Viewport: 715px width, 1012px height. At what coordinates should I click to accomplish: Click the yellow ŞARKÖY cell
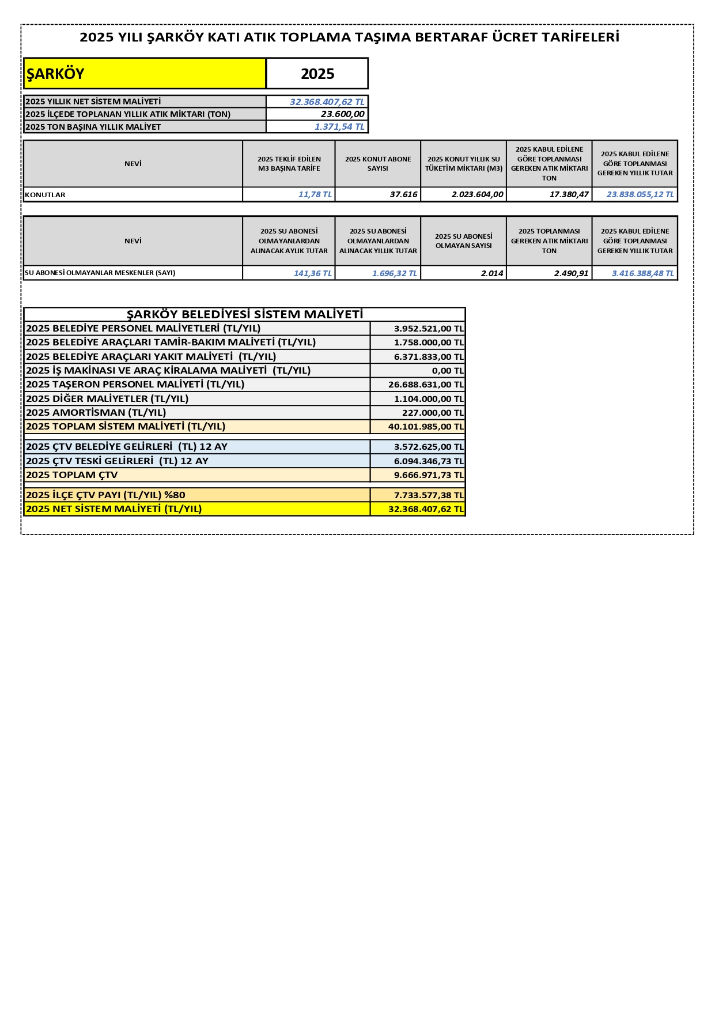pos(144,74)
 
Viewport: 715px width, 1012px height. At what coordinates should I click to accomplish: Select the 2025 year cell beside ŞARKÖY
pos(317,74)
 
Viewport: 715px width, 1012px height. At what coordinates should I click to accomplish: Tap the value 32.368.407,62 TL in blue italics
pos(327,102)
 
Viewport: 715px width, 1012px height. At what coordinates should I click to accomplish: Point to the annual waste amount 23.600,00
pos(342,114)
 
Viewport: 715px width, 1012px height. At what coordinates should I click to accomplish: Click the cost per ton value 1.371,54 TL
pos(339,127)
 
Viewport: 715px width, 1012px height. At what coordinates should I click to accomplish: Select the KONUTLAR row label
pos(46,195)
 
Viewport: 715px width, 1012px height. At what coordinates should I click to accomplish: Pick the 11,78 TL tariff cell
pos(315,195)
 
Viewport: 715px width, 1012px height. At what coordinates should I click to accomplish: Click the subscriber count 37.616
pos(403,195)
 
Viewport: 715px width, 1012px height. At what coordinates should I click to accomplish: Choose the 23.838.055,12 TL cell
pos(640,195)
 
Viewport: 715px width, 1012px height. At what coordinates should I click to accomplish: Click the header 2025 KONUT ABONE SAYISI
pos(378,164)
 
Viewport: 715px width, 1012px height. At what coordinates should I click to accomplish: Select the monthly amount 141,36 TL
pos(312,273)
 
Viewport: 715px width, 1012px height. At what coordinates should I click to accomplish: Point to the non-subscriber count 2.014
pos(492,273)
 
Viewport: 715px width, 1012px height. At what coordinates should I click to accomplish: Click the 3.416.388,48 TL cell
pos(642,273)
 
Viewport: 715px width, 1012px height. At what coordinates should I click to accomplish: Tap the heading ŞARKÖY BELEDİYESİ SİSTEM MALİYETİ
pos(245,314)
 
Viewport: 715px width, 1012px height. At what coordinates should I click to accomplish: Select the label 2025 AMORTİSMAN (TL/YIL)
pos(96,413)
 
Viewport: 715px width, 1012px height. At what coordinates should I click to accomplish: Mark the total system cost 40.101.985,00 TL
pos(425,427)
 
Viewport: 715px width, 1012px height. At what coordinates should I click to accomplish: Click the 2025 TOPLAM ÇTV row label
pos(72,475)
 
